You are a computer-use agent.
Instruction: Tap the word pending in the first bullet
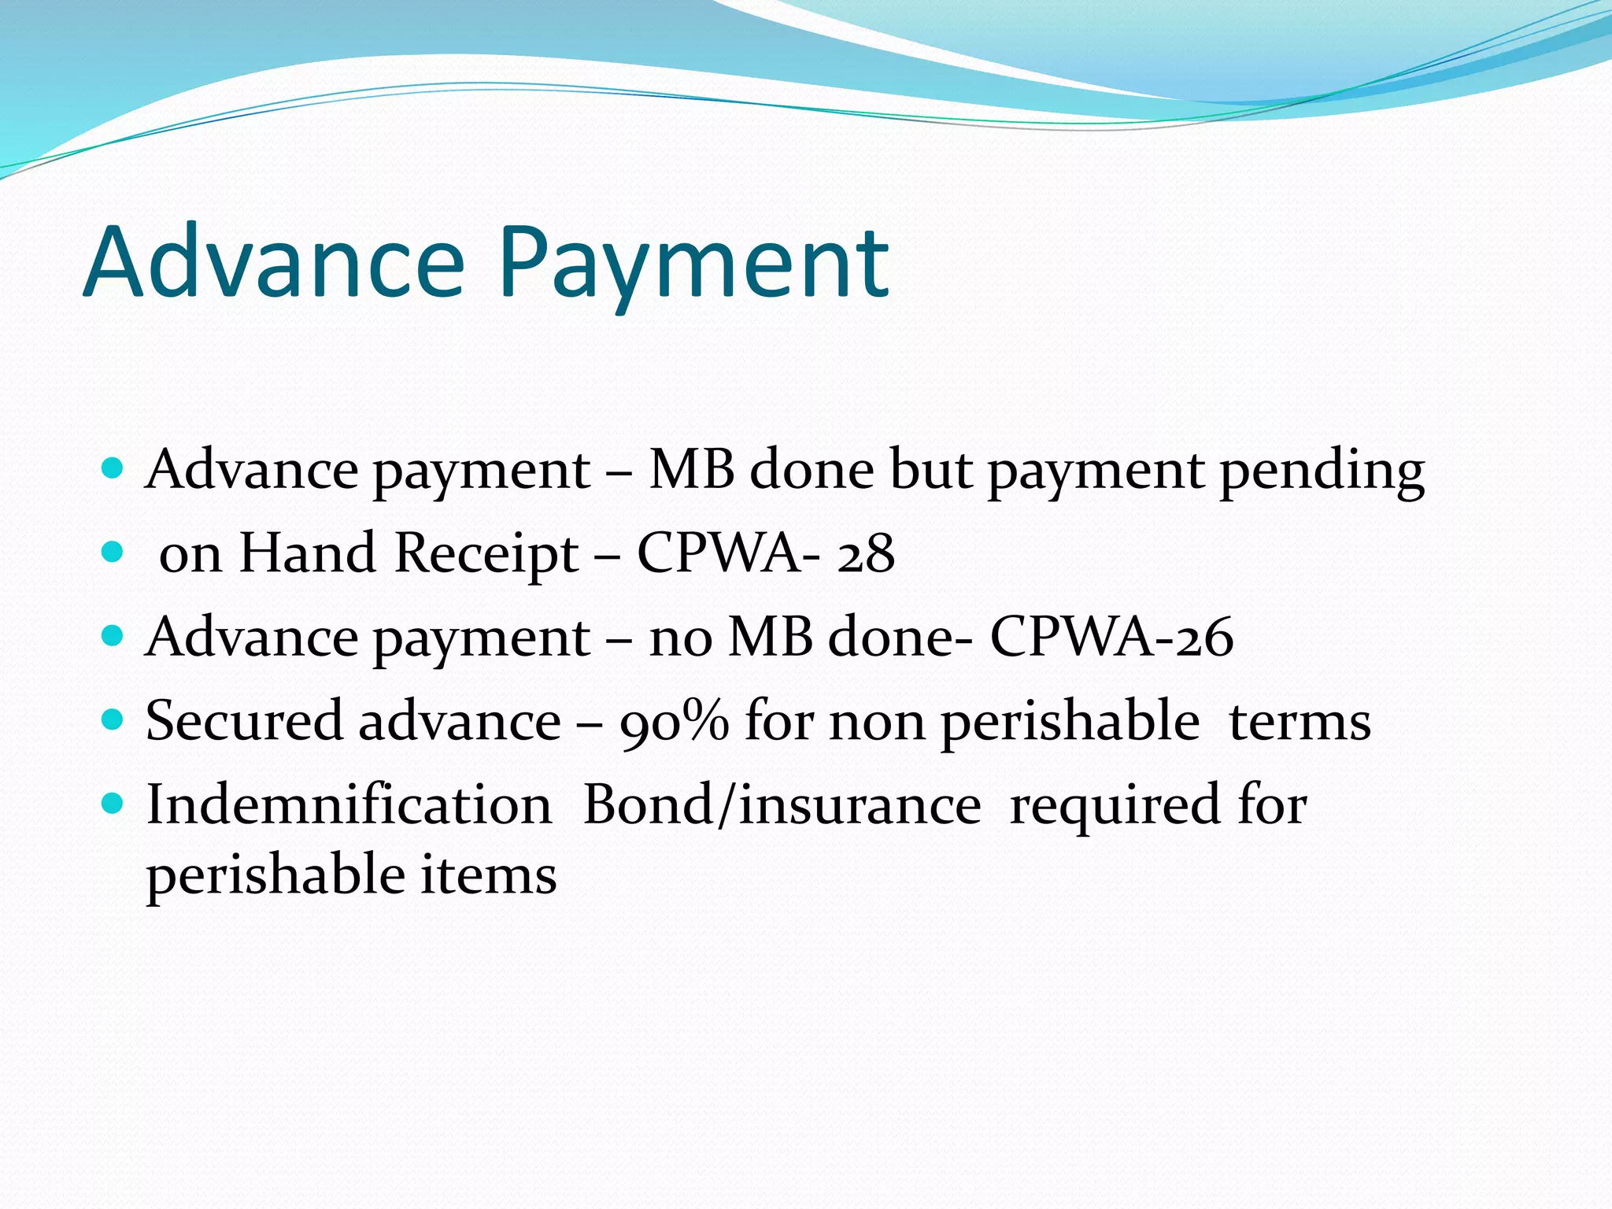coord(1322,472)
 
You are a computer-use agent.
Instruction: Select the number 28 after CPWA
coord(866,553)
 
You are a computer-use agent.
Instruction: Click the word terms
coord(1300,721)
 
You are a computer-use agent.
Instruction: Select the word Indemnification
coord(349,804)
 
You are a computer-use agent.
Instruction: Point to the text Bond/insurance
coord(782,804)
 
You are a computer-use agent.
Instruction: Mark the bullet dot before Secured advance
coord(113,719)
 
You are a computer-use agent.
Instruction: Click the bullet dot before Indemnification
coord(113,803)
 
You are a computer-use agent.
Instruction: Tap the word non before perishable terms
coord(877,721)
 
